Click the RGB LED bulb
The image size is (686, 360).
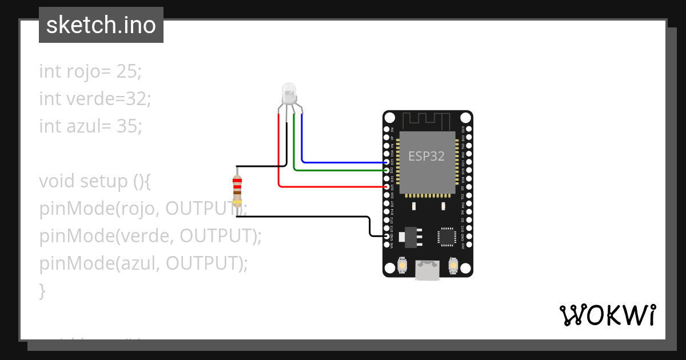(x=289, y=93)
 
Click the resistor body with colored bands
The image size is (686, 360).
(x=237, y=190)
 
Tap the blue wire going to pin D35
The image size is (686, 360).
(x=343, y=162)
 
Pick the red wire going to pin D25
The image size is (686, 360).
(x=332, y=186)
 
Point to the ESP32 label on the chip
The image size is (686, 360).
(x=426, y=156)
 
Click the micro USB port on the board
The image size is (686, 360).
(x=428, y=270)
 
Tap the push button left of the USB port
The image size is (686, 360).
(x=402, y=266)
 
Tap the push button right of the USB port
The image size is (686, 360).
(x=454, y=266)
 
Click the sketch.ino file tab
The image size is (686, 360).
(x=101, y=25)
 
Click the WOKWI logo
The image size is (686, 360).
(x=607, y=315)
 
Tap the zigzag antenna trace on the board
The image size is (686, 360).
(x=428, y=121)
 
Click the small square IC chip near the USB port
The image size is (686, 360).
(x=446, y=237)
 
